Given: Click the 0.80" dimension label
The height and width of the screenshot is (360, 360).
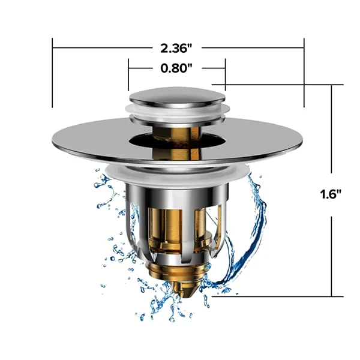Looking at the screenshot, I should (x=176, y=68).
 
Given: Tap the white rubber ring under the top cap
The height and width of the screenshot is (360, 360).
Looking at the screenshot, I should (x=177, y=110).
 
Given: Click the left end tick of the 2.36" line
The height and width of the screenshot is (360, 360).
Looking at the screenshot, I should (x=53, y=72).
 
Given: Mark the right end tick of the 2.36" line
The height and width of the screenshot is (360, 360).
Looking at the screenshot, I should (x=304, y=72).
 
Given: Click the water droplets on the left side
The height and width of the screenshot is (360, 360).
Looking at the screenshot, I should (x=111, y=240).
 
